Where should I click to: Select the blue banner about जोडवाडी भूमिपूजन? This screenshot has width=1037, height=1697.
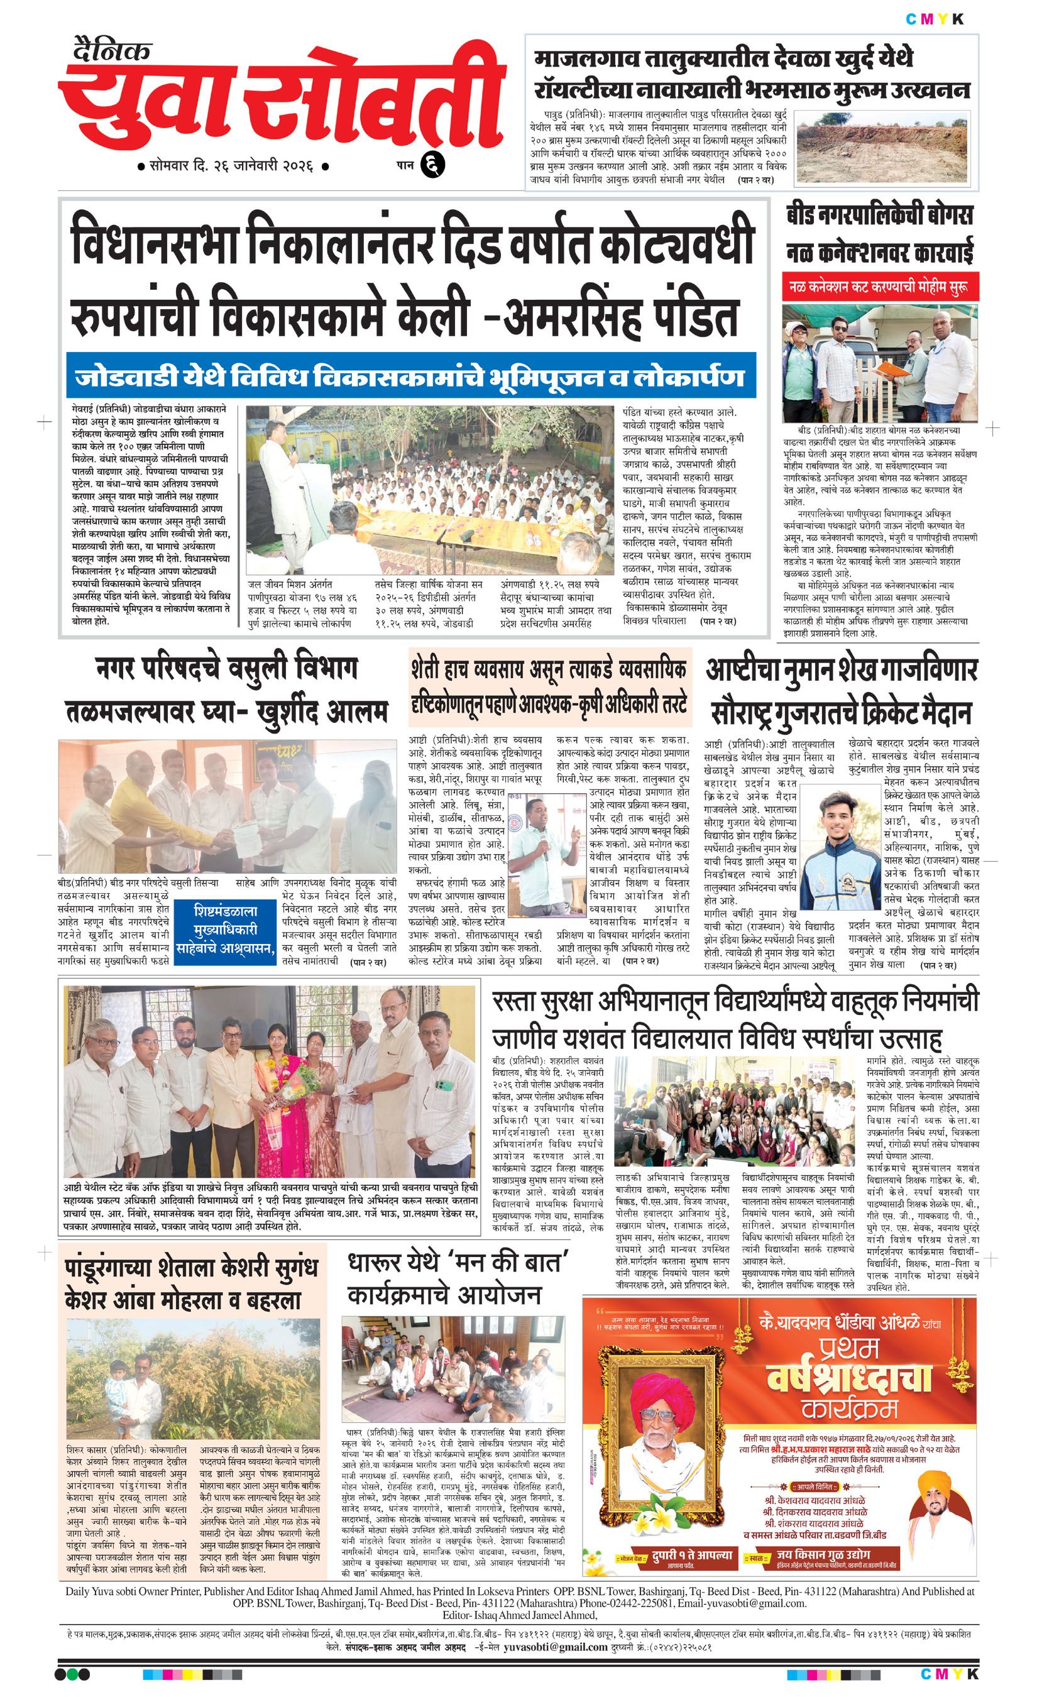point(410,377)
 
